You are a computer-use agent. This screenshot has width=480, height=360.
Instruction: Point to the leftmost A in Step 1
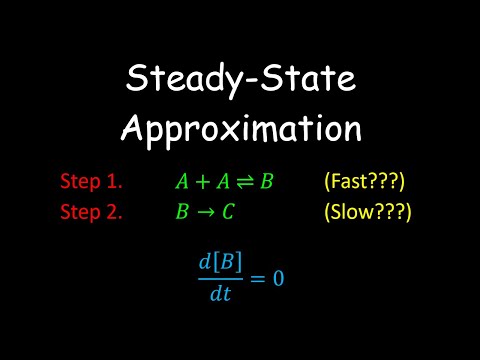tap(181, 183)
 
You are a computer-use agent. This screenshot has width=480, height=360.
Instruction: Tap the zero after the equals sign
tap(278, 277)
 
